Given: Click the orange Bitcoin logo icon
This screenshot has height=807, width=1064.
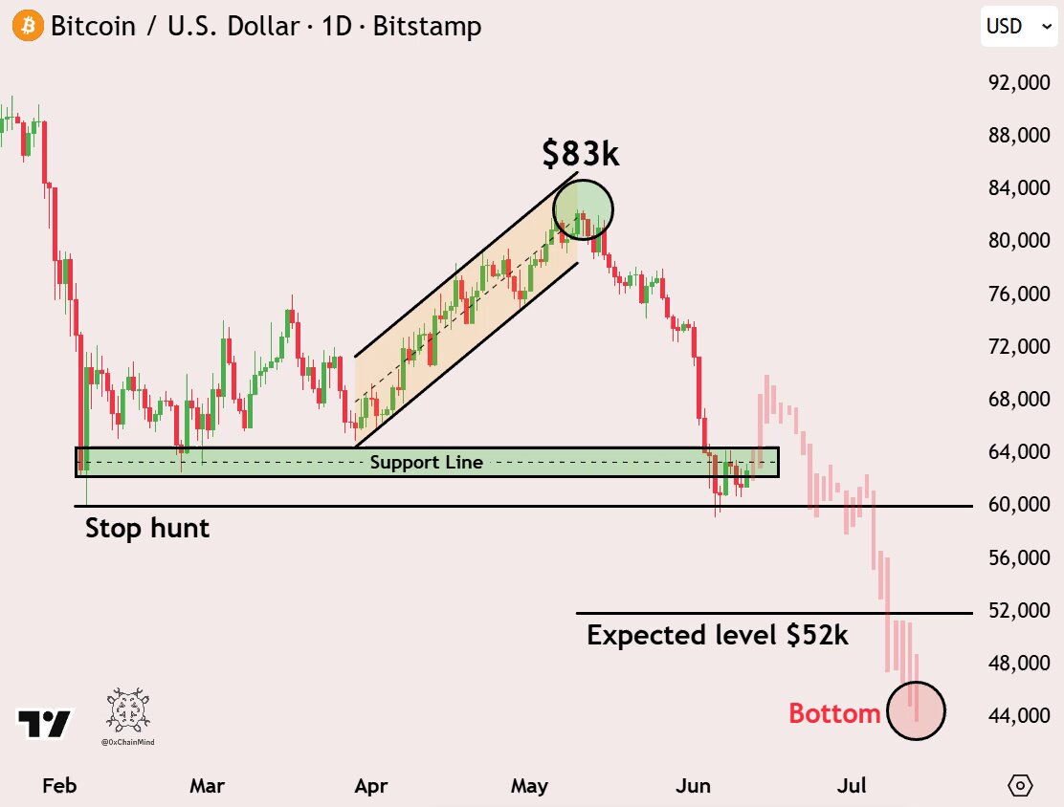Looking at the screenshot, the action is [x=28, y=26].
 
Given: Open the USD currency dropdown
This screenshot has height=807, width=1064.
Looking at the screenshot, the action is [x=1019, y=27].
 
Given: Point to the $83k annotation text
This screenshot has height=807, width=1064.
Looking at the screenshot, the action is [x=581, y=153].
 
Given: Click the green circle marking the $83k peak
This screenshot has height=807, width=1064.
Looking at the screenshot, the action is [x=583, y=180].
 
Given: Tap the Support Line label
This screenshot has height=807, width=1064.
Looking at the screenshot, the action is [x=426, y=463].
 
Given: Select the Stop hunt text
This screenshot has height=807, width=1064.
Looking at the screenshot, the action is [x=147, y=528].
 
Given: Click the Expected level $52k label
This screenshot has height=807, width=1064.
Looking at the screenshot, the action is [x=718, y=636].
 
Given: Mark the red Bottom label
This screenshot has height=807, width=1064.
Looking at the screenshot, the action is [x=834, y=713].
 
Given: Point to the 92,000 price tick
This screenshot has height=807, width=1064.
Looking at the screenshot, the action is [x=1019, y=82].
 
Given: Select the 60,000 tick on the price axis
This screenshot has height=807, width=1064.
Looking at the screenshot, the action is [x=1019, y=504].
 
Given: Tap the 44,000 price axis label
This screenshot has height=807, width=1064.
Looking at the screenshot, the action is [x=1019, y=715].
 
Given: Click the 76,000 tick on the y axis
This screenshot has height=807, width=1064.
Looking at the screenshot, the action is [x=1019, y=293].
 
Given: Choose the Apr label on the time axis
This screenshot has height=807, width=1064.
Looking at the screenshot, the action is [x=371, y=786].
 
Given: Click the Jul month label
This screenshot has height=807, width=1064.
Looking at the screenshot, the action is [x=852, y=785].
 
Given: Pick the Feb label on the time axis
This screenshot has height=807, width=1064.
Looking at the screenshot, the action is [x=59, y=785].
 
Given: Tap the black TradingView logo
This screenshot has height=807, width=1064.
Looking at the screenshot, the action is [x=44, y=724].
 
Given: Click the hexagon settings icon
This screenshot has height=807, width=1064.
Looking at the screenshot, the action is [x=1020, y=785].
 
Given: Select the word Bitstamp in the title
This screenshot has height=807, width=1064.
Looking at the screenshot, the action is [x=428, y=27].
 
